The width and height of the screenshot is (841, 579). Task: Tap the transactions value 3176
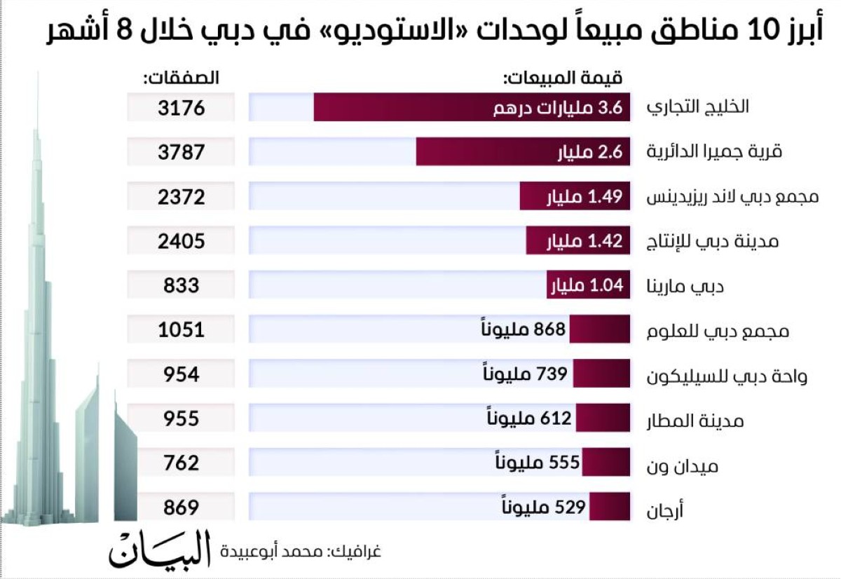click(181, 108)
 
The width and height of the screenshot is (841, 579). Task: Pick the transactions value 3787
click(181, 152)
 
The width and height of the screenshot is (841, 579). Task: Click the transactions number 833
click(181, 285)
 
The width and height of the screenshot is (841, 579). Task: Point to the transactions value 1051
click(181, 330)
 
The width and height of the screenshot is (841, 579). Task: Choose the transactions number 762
click(181, 463)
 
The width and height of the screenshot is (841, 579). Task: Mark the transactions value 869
click(181, 508)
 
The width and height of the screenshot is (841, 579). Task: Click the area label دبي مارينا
click(695, 286)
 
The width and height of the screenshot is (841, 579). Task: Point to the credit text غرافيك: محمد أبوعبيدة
click(301, 550)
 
